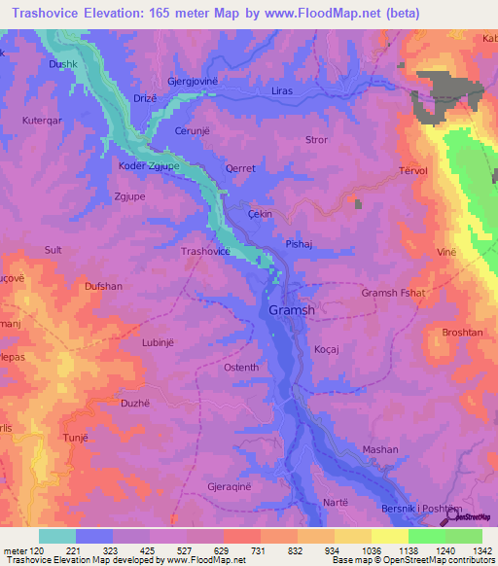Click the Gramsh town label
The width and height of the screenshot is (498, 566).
click(291, 310)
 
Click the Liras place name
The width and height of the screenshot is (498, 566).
click(282, 92)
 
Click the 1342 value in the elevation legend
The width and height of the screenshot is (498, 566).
click(470, 550)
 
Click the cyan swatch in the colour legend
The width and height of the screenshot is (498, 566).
click(57, 536)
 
